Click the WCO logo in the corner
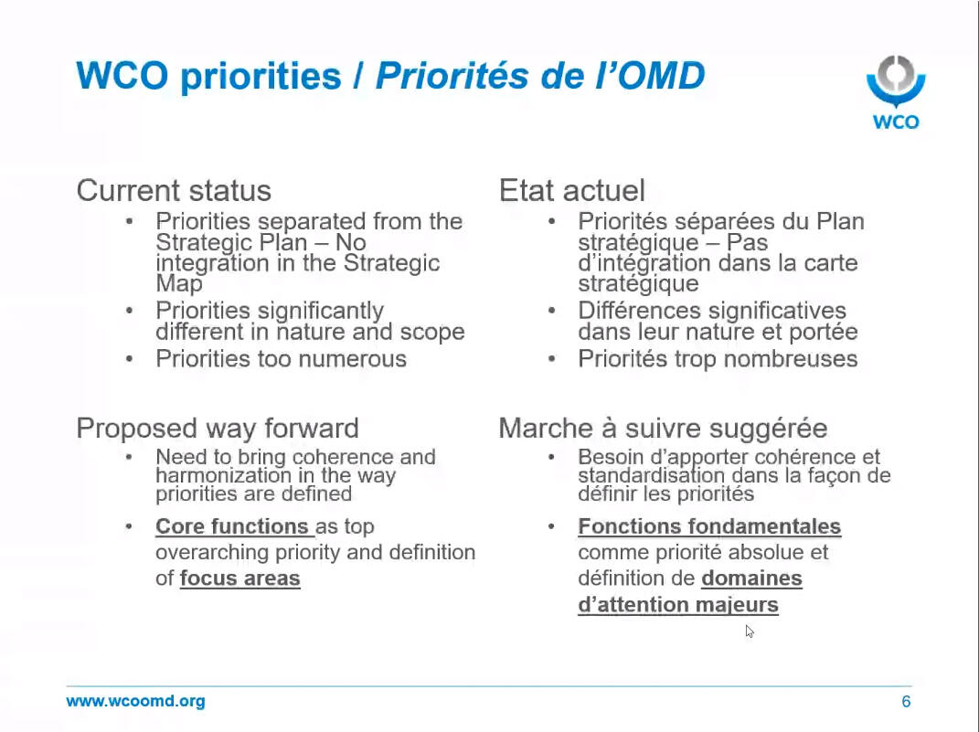click(x=896, y=92)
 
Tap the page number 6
click(x=906, y=702)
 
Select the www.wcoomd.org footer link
click(x=135, y=701)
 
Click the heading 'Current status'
click(x=174, y=190)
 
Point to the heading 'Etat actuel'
click(x=572, y=190)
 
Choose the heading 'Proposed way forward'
click(x=218, y=428)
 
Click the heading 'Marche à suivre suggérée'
click(x=663, y=428)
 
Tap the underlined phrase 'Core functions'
click(x=231, y=526)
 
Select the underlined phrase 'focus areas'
click(x=239, y=578)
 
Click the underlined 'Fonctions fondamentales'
click(x=709, y=526)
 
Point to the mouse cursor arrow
click(x=750, y=631)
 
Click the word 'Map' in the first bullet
click(x=179, y=283)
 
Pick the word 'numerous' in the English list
click(x=355, y=359)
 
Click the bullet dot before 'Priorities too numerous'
click(x=129, y=359)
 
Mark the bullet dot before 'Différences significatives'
click(x=552, y=310)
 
